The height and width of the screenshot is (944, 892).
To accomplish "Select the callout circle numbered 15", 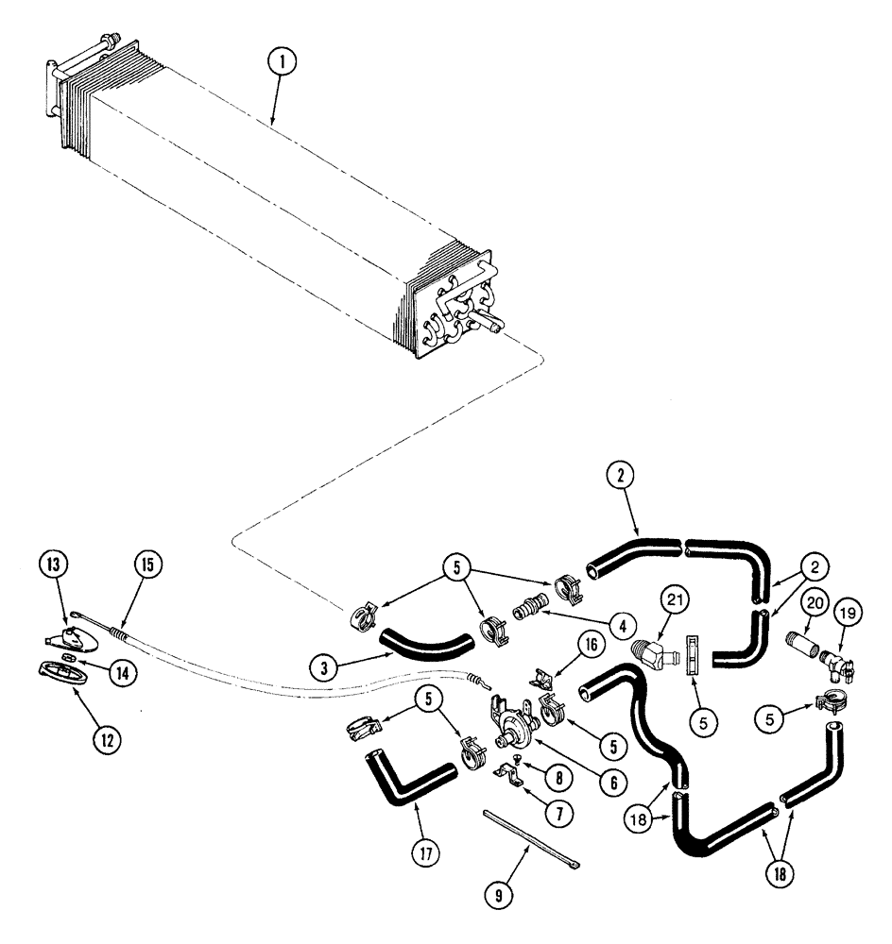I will (x=147, y=566).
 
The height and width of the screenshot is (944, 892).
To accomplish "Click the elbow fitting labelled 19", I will (x=832, y=665).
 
